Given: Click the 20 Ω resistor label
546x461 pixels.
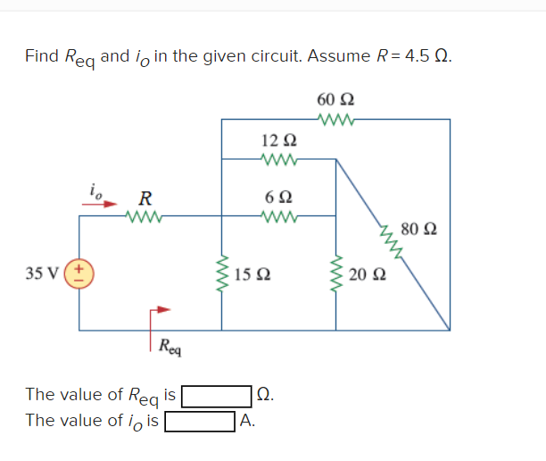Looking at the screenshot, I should [367, 273].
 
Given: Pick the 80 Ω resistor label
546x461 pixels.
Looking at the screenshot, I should [418, 230].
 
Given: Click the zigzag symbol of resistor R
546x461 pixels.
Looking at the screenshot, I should [143, 215].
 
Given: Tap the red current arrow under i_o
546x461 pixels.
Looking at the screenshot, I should [101, 203].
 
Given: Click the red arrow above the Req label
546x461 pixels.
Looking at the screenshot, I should [157, 312].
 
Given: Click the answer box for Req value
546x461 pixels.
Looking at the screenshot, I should [217, 394].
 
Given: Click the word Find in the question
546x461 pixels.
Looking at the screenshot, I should [42, 55].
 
